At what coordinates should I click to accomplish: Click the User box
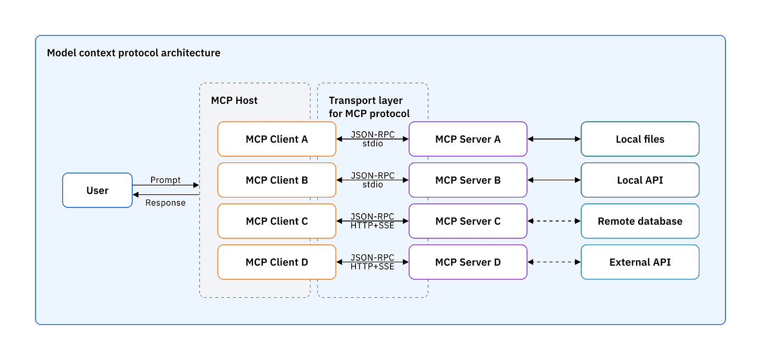pyautogui.click(x=97, y=190)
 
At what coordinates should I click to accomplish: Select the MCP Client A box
pyautogui.click(x=276, y=139)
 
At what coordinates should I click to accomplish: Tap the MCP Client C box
pyautogui.click(x=276, y=221)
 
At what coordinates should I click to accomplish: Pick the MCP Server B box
pyautogui.click(x=468, y=180)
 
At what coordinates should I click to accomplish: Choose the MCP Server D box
pyautogui.click(x=468, y=262)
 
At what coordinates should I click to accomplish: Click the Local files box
pyautogui.click(x=640, y=139)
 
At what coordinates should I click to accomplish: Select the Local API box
pyautogui.click(x=640, y=180)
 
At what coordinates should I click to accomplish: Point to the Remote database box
pyautogui.click(x=640, y=221)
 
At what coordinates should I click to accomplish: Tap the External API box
pyautogui.click(x=640, y=262)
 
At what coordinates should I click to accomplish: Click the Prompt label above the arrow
pyautogui.click(x=165, y=180)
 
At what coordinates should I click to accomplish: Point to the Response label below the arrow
pyautogui.click(x=165, y=203)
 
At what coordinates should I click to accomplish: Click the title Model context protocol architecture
pyautogui.click(x=134, y=53)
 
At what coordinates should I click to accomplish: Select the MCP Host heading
pyautogui.click(x=234, y=100)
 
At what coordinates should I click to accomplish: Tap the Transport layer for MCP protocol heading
pyautogui.click(x=369, y=107)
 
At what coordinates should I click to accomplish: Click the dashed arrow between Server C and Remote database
pyautogui.click(x=554, y=221)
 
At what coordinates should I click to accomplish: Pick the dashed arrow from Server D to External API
pyautogui.click(x=554, y=262)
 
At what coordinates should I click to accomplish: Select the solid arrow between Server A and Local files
pyautogui.click(x=554, y=139)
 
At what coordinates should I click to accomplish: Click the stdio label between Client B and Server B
pyautogui.click(x=372, y=184)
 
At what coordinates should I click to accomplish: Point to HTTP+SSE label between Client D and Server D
pyautogui.click(x=372, y=266)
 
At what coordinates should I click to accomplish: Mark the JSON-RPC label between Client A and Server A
pyautogui.click(x=372, y=134)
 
